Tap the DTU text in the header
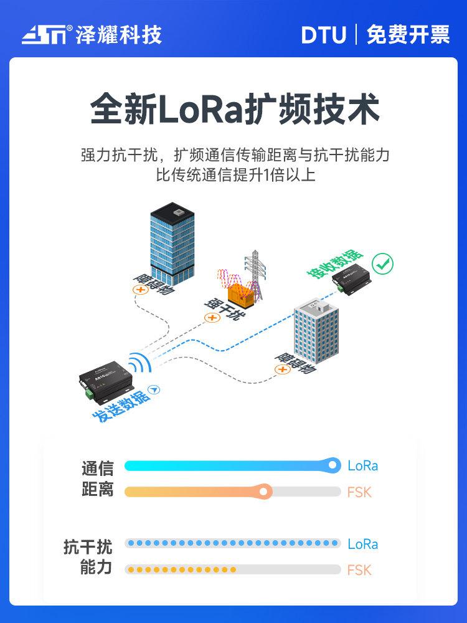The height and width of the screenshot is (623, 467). click(x=323, y=35)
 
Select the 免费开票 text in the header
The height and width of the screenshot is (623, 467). click(x=408, y=34)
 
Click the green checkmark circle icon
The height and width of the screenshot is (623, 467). click(x=383, y=264)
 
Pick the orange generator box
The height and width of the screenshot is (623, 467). click(x=243, y=292)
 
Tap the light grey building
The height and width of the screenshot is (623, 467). click(x=316, y=333)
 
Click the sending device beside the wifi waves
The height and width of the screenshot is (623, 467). click(x=105, y=379)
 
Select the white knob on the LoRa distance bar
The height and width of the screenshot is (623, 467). click(x=333, y=465)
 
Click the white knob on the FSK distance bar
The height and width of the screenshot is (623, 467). click(x=265, y=492)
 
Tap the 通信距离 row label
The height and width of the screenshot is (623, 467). click(x=97, y=478)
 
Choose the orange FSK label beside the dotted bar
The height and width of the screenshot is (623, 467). click(x=359, y=569)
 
